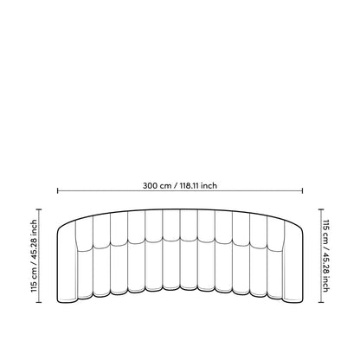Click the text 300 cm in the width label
coord(158,183)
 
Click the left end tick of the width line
coord(58,192)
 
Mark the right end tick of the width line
coord(304,192)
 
